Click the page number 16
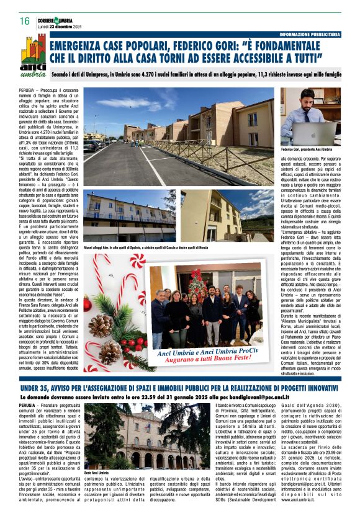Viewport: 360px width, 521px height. [x=25, y=21]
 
